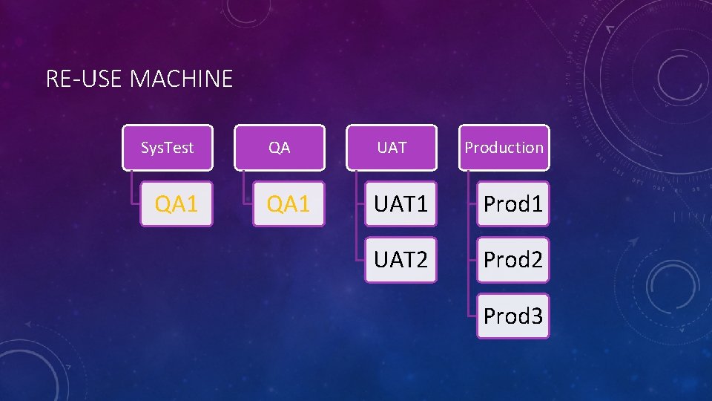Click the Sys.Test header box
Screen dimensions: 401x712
click(x=167, y=147)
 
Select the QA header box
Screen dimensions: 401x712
click(x=280, y=147)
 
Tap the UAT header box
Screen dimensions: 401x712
click(x=392, y=147)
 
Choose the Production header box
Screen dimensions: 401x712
click(x=504, y=147)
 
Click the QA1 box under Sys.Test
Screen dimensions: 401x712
click(x=177, y=203)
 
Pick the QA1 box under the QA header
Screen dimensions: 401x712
click(x=289, y=203)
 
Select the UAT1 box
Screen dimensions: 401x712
click(x=400, y=203)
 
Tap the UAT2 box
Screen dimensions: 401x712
click(x=400, y=260)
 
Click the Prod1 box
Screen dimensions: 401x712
click(x=513, y=203)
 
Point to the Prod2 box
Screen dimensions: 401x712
click(x=513, y=260)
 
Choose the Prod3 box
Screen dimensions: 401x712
click(x=513, y=316)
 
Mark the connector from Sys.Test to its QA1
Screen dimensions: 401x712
click(x=131, y=189)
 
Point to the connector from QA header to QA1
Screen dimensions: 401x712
click(x=244, y=189)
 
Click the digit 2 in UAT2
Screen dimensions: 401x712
click(x=421, y=260)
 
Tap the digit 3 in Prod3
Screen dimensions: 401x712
click(x=535, y=316)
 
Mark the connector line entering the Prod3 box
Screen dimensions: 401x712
click(x=472, y=316)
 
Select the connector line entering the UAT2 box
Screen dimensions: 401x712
click(x=360, y=260)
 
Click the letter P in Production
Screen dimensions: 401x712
click(x=469, y=147)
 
